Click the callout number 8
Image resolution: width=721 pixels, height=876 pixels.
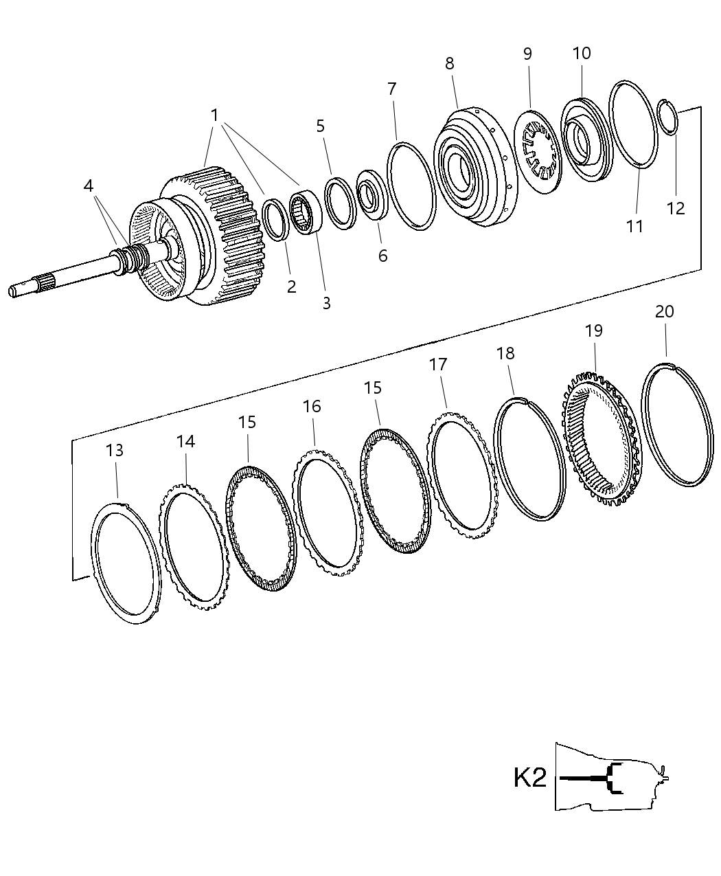click(449, 64)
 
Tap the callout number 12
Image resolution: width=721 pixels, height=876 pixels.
click(676, 208)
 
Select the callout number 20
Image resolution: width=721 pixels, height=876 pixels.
click(664, 311)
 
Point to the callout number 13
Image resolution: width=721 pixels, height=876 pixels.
click(115, 450)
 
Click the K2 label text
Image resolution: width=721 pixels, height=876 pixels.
click(530, 778)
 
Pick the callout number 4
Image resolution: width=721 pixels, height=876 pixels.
click(88, 186)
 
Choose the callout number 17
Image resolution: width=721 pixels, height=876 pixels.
click(438, 365)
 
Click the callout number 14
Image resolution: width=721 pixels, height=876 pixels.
click(185, 441)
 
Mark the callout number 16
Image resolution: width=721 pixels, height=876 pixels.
click(312, 406)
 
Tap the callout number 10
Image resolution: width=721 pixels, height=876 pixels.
click(581, 54)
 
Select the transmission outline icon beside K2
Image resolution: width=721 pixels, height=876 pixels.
click(611, 776)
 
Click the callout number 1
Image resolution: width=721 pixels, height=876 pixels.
click(214, 115)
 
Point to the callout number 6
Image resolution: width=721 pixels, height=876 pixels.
click(382, 256)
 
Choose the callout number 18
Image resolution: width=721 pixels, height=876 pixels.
click(505, 353)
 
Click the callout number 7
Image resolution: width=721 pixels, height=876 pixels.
click(391, 89)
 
